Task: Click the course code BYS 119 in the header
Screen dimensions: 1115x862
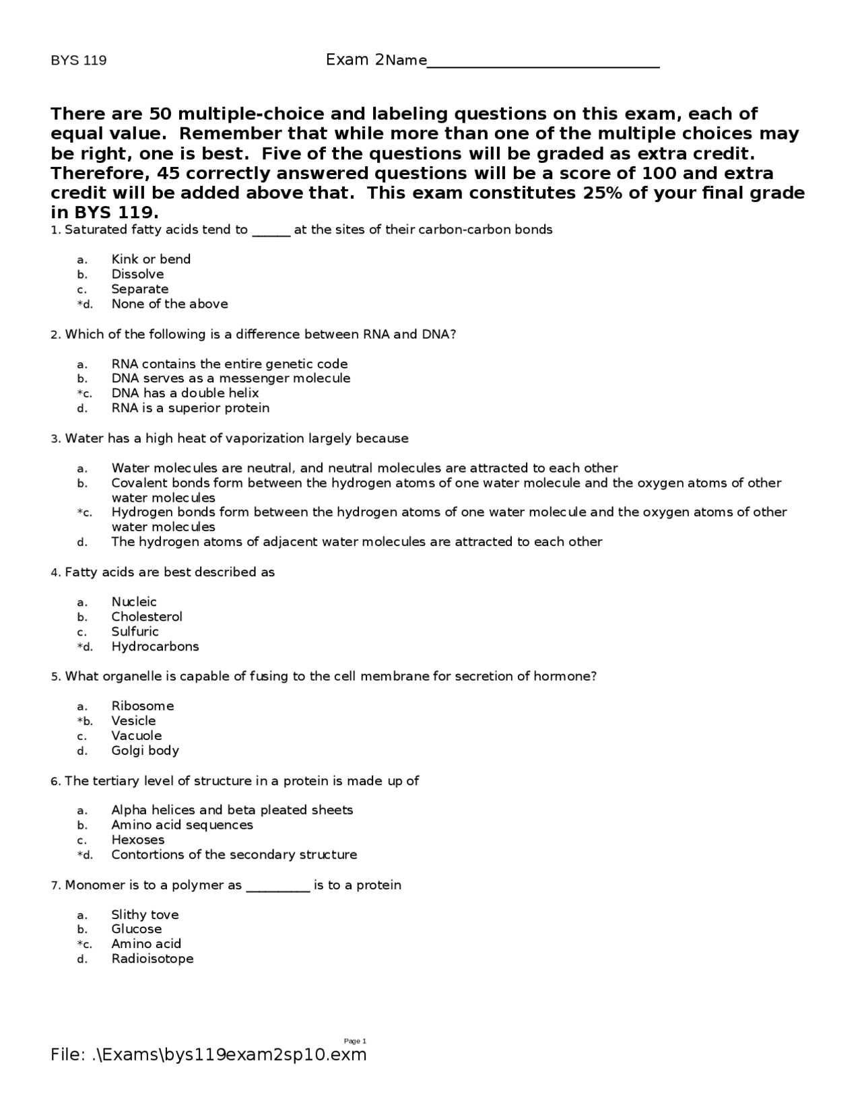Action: [79, 61]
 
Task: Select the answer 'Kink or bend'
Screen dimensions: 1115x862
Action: [151, 259]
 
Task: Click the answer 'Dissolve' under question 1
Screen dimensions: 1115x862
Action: [137, 274]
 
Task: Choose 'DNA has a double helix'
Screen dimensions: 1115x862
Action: [185, 393]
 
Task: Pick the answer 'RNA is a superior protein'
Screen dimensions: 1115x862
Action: [191, 408]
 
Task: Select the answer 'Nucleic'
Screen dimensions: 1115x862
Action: [134, 602]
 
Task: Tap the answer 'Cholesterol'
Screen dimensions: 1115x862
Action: [147, 617]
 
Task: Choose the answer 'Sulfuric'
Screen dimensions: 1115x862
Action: [135, 632]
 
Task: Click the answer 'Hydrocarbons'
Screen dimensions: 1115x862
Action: [155, 646]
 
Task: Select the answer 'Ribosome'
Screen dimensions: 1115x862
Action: [143, 706]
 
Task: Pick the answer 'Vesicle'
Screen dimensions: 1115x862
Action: [133, 721]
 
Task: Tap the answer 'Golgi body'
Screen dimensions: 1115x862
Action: [145, 751]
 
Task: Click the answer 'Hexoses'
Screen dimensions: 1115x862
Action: [138, 840]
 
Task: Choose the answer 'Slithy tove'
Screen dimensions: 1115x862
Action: [145, 914]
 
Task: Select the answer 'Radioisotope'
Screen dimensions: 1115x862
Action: [152, 959]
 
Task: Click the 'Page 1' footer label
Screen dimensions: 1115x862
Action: [355, 1042]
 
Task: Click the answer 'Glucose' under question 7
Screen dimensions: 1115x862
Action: [137, 929]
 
